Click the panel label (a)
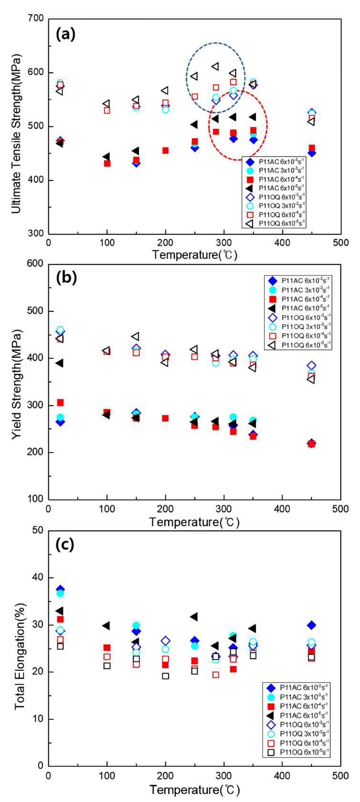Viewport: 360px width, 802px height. click(65, 34)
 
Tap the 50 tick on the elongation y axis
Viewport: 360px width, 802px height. click(38, 531)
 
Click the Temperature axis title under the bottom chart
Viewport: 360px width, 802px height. click(194, 789)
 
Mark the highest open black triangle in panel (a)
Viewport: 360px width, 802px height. click(215, 66)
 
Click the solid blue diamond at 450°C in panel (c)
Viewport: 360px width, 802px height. click(311, 625)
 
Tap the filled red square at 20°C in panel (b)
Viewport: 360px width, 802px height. click(60, 403)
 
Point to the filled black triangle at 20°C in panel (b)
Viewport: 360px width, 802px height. click(60, 363)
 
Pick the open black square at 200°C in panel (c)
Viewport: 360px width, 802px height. click(165, 676)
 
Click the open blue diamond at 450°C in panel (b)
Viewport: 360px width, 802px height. click(311, 366)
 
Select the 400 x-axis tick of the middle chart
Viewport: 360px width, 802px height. click(282, 509)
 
